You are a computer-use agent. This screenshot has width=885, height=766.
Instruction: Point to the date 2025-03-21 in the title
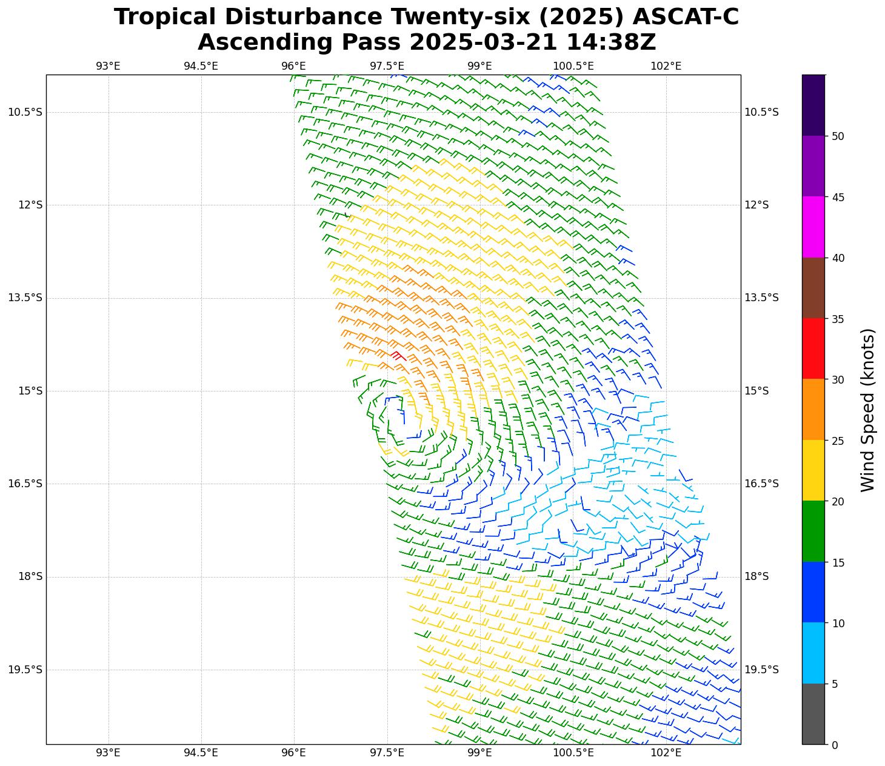483,42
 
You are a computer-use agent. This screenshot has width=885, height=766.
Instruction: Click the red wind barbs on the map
398,356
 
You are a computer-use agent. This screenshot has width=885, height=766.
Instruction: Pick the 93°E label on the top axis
108,66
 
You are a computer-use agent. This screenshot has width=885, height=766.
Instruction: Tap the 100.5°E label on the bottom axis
573,753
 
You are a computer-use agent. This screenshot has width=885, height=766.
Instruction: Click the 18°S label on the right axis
756,576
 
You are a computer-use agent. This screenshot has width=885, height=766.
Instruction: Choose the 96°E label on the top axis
294,66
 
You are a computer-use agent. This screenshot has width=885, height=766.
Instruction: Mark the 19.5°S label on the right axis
761,670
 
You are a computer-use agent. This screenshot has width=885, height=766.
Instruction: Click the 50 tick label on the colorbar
838,136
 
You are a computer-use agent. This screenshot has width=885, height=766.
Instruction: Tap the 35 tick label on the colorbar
838,319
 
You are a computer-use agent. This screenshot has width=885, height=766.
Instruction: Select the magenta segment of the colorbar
813,227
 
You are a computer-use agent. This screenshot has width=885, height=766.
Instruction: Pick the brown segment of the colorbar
813,288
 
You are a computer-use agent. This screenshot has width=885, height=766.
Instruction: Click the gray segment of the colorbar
813,713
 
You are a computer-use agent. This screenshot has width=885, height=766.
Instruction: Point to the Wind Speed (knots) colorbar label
868,410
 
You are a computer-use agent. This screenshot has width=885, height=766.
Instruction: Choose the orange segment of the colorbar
813,409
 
